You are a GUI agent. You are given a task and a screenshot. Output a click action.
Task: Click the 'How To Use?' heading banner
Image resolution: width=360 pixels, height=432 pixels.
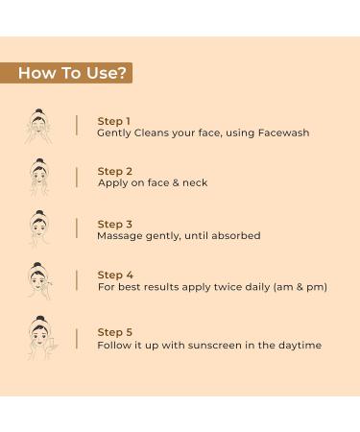tap(66, 73)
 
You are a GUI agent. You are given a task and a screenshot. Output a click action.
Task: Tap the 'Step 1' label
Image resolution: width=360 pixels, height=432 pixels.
tap(113, 121)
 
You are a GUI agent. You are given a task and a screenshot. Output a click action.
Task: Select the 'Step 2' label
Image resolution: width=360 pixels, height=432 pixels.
tap(115, 171)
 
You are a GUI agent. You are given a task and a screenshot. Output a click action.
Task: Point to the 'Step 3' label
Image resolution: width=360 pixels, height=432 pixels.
tap(115, 224)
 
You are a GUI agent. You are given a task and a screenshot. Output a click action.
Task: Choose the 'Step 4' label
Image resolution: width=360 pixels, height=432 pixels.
tap(115, 275)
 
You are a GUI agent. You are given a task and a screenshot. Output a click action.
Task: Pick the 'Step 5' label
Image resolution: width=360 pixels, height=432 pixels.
tap(115, 332)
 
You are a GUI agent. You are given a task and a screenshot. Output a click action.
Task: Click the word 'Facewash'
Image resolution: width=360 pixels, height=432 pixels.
tap(284, 132)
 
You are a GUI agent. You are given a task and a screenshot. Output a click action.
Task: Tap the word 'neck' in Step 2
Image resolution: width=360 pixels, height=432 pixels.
tap(195, 182)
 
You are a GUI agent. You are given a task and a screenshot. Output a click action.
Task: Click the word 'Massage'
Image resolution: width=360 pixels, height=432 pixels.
tap(120, 236)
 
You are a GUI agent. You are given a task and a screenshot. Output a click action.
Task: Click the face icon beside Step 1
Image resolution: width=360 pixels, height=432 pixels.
tap(38, 126)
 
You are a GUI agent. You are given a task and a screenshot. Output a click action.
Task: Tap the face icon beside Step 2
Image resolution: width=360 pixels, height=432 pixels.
tap(39, 177)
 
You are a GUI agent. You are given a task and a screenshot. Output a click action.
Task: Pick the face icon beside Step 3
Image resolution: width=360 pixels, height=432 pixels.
tap(39, 228)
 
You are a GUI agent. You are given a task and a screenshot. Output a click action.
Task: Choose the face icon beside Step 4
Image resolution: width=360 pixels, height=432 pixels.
tap(39, 280)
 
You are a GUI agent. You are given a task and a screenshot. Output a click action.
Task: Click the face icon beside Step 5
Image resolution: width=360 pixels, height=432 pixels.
tap(41, 337)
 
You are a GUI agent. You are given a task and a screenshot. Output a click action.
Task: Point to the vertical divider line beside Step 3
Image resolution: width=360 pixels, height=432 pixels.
tap(77, 228)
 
